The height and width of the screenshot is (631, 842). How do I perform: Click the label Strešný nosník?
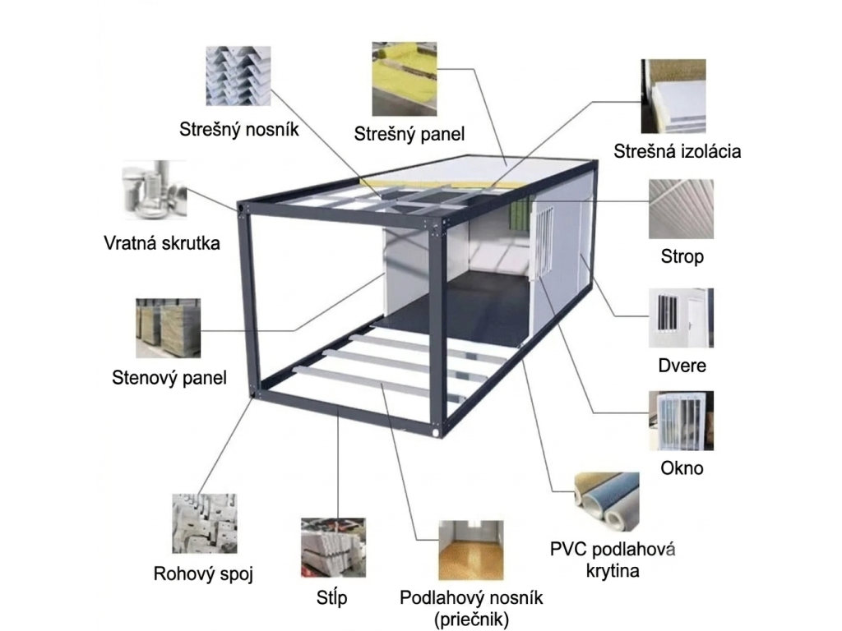(x=239, y=130)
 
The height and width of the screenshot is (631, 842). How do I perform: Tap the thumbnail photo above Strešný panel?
(x=405, y=80)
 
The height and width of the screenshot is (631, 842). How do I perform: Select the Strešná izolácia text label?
(x=678, y=151)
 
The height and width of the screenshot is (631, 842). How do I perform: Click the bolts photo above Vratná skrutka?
(x=155, y=190)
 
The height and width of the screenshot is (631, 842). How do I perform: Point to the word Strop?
(x=682, y=256)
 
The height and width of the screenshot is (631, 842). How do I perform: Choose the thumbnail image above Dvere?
(x=681, y=318)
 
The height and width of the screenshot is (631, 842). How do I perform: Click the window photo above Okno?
(x=681, y=421)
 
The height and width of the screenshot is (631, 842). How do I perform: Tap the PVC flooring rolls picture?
(x=607, y=502)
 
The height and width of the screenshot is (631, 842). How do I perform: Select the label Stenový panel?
(x=169, y=378)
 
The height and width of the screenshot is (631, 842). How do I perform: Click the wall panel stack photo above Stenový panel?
(x=168, y=329)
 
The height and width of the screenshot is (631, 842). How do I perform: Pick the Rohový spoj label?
(x=203, y=574)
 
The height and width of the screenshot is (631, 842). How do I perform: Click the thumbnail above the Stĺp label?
(x=334, y=548)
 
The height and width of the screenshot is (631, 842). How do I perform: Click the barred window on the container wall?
(x=543, y=242)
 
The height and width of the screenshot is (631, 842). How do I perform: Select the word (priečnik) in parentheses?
(x=471, y=619)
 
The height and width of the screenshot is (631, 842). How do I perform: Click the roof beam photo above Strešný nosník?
(x=238, y=76)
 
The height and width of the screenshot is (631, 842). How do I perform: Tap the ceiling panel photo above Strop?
(x=681, y=210)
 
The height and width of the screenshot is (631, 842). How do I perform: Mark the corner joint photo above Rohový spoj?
(x=204, y=523)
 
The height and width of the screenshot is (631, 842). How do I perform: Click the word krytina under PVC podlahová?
(x=612, y=571)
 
